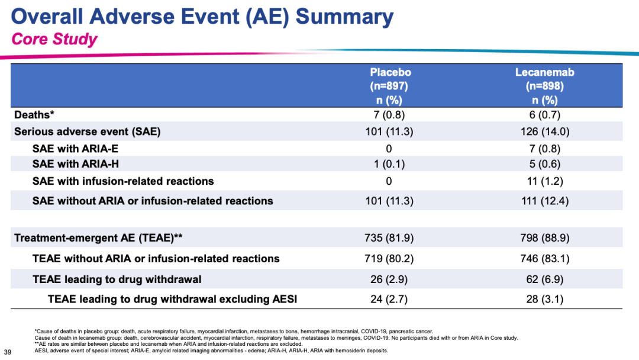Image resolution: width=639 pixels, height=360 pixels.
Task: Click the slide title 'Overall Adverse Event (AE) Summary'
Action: point(202,17)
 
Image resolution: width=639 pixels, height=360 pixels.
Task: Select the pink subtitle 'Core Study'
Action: point(54,39)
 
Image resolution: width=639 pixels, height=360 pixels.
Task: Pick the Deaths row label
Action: point(34,114)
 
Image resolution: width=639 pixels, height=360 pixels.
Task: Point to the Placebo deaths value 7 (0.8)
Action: point(389,115)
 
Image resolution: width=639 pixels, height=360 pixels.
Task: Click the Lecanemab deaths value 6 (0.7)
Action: point(544,115)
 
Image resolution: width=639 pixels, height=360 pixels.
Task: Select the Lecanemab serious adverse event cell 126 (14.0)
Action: point(544,131)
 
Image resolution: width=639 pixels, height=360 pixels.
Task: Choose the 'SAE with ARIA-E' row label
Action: point(75,149)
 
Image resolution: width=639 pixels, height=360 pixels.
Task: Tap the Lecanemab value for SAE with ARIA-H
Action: point(544,164)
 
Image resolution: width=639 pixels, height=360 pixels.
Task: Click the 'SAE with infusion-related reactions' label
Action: point(123,181)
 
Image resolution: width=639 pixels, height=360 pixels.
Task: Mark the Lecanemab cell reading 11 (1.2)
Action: point(544,181)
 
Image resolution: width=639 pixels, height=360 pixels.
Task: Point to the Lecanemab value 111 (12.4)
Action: point(544,201)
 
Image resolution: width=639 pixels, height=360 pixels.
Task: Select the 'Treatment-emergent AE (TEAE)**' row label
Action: point(98,237)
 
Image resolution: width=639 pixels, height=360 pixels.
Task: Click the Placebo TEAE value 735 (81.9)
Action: point(389,237)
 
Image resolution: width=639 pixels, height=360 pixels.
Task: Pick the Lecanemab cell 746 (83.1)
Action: point(544,259)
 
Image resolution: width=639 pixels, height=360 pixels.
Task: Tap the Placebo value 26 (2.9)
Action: point(389,279)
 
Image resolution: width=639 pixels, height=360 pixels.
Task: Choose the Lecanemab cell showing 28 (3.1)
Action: point(544,299)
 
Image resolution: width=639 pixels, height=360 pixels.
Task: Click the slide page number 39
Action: point(8,352)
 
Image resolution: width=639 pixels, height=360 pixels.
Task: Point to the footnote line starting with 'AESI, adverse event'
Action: point(211,350)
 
